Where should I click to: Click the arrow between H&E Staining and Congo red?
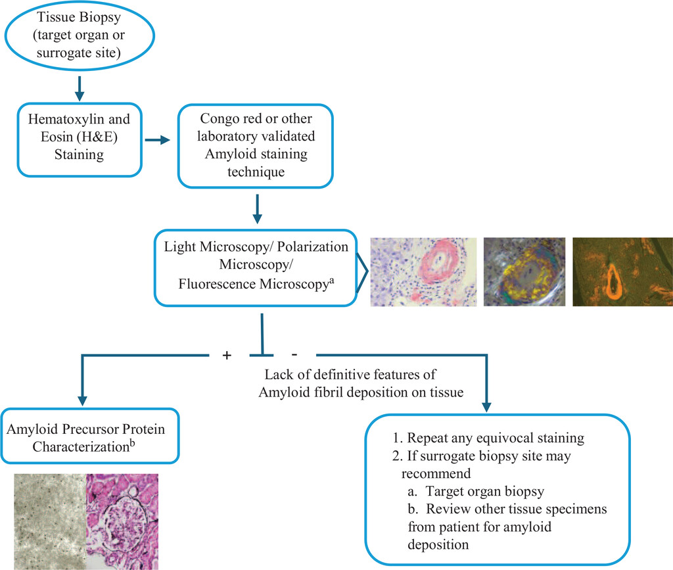pyautogui.click(x=154, y=140)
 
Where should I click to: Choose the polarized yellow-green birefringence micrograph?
pyautogui.click(x=524, y=271)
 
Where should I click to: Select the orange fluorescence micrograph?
pyautogui.click(x=622, y=271)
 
